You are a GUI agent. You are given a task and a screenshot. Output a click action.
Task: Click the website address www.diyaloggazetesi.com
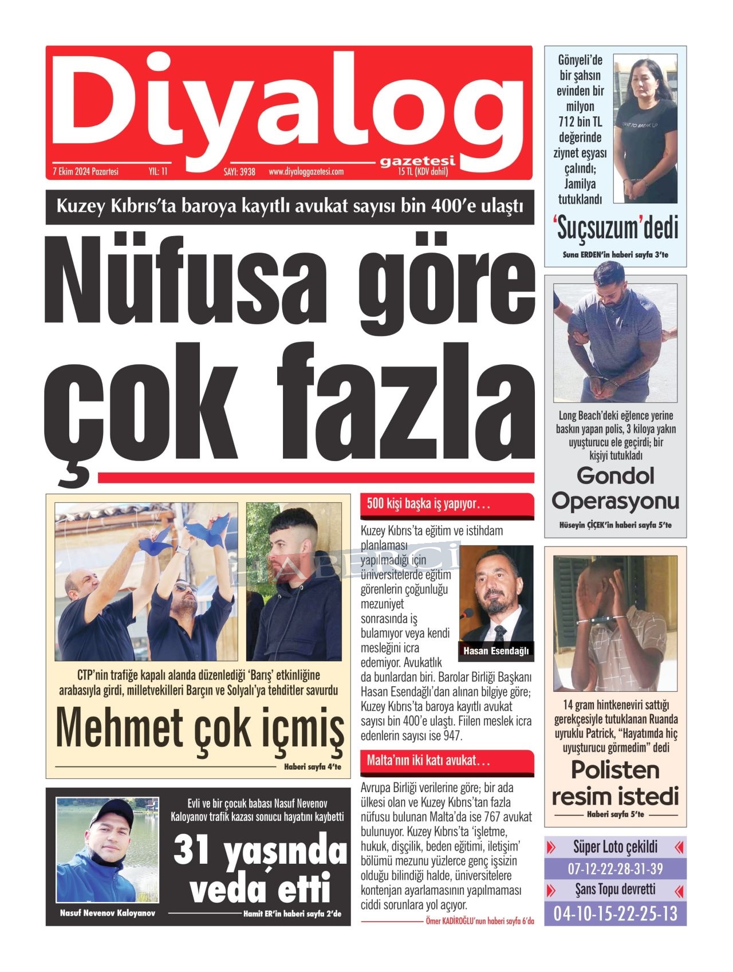coord(306,171)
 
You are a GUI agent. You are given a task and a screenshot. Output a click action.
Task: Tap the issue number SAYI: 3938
coord(239,171)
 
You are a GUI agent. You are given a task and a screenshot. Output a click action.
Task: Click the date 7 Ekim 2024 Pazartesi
coord(85,171)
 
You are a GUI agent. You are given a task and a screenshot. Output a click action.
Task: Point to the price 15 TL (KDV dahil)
coord(423,171)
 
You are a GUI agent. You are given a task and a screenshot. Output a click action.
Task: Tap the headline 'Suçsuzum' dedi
coord(616,229)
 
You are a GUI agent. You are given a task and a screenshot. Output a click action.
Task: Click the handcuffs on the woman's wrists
coord(635,184)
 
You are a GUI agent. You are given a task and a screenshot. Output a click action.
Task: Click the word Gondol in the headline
coord(615,475)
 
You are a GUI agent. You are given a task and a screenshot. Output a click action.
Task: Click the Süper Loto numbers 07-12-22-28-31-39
coord(615,868)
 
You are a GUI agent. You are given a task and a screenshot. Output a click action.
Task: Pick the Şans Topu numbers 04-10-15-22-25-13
coord(615,913)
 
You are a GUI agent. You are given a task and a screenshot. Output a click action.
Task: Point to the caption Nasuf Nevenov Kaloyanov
coord(107,913)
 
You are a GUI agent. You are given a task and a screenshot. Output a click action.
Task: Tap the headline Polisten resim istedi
coord(615,783)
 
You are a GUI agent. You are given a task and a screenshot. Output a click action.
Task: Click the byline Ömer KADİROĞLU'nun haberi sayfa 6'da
coord(480,921)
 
